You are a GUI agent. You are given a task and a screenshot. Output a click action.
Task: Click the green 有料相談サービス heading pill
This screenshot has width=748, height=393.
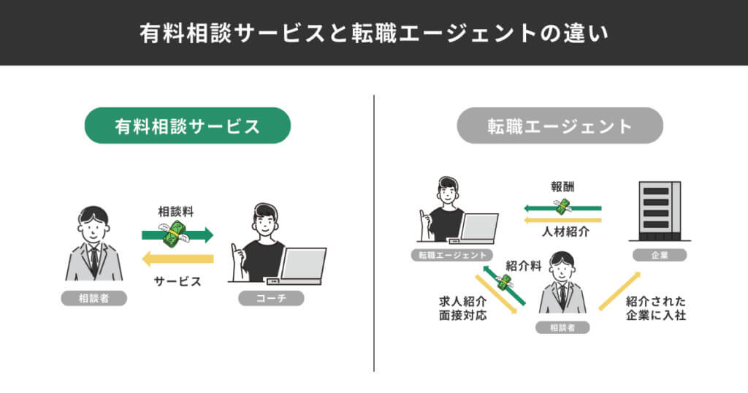click(188, 126)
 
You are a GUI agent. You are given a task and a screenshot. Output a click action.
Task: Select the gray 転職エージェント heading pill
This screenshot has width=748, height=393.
click(560, 126)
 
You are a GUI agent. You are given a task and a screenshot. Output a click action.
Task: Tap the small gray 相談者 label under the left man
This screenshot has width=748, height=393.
click(93, 298)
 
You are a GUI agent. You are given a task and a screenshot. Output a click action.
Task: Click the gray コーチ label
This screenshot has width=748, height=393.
click(271, 298)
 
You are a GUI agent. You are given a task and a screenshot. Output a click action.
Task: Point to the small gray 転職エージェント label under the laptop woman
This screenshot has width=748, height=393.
click(449, 255)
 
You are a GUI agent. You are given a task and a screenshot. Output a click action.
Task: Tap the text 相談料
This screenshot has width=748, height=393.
click(176, 212)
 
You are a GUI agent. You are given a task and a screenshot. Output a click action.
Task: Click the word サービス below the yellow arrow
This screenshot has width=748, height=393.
click(178, 281)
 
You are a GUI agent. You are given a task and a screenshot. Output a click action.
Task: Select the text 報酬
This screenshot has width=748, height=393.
click(562, 186)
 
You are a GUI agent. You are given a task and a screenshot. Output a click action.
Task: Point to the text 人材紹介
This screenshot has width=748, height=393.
click(562, 232)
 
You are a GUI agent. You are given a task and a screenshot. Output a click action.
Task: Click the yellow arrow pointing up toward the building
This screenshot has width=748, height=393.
click(619, 291)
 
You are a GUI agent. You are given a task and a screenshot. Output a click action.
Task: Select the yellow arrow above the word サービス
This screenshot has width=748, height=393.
click(178, 259)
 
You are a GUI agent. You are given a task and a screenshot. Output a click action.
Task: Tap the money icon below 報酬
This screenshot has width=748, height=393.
click(562, 207)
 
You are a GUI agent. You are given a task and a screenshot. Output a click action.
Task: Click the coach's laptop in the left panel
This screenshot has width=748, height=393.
click(301, 265)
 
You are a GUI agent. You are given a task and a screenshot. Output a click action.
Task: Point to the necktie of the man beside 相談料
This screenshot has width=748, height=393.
click(94, 259)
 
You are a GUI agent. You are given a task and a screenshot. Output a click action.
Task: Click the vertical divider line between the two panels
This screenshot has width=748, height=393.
click(374, 234)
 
